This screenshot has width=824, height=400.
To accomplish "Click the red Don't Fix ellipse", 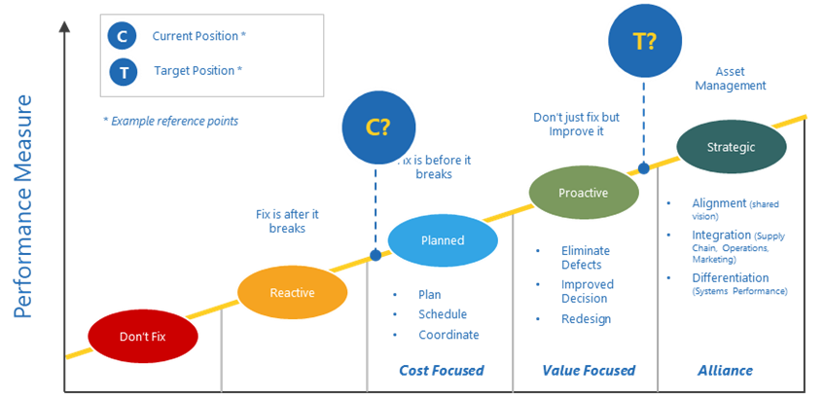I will (x=143, y=336).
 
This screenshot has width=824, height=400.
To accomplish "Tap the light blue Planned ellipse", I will (x=443, y=240).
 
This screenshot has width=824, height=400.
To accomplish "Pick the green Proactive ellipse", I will (x=584, y=193).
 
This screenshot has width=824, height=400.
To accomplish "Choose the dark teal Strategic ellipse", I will (x=732, y=147).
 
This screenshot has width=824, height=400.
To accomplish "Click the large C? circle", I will (x=378, y=127).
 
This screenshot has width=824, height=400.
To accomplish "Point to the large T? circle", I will (x=643, y=42).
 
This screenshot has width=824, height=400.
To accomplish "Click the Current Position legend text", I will (x=199, y=37).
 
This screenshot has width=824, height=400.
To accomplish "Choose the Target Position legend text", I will (x=198, y=71).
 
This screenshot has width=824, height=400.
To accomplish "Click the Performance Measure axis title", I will (x=22, y=206).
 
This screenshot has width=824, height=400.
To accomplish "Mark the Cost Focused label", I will (x=441, y=371).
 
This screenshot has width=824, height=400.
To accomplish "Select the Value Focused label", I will (x=588, y=371).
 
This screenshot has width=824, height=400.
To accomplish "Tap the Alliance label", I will (x=725, y=371).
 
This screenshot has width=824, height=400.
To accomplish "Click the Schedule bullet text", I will (x=443, y=314).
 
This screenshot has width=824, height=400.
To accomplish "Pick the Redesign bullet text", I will (x=586, y=319).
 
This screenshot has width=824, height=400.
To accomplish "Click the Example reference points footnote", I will (x=169, y=121).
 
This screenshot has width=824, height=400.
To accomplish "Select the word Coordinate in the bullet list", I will (x=448, y=335).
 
